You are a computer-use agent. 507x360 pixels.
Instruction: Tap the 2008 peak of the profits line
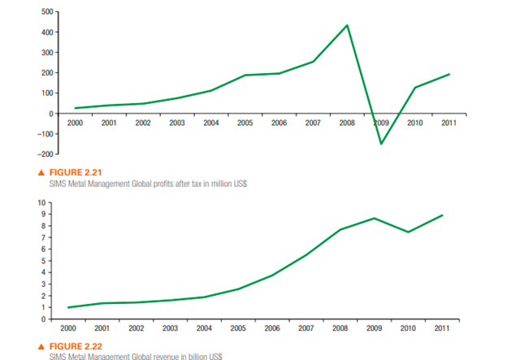point(348,25)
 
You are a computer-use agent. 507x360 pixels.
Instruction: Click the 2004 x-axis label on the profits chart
point(210,124)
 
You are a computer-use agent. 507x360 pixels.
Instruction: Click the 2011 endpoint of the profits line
point(449,74)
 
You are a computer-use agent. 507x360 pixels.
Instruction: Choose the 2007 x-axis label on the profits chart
point(313,124)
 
